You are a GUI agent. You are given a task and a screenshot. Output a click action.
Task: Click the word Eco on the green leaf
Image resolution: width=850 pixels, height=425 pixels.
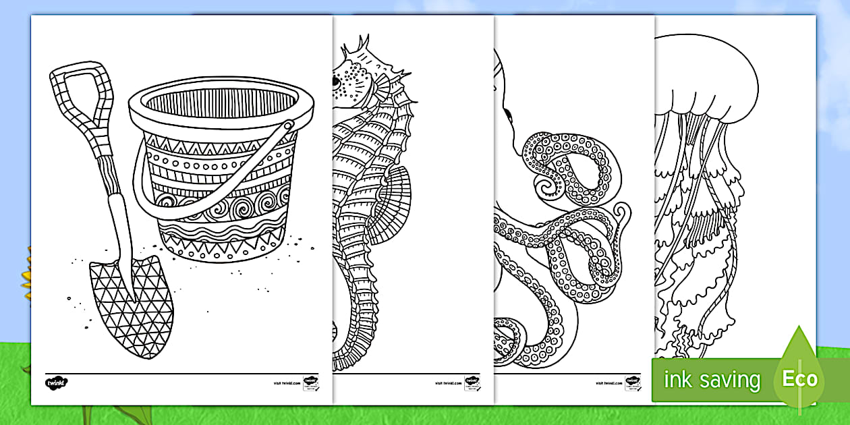(x=800, y=378)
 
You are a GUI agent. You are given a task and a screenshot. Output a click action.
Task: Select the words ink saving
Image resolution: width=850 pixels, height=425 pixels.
(x=711, y=380)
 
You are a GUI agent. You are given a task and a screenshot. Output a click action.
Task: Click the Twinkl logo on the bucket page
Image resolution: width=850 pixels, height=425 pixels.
(x=57, y=382)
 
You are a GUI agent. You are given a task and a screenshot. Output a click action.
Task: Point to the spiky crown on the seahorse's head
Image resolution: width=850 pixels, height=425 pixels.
(x=358, y=51)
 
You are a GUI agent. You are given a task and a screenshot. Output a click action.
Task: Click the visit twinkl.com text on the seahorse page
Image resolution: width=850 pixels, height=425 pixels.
(x=447, y=382)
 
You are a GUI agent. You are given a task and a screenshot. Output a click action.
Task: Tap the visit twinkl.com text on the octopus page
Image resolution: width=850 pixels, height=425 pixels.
(x=607, y=382)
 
